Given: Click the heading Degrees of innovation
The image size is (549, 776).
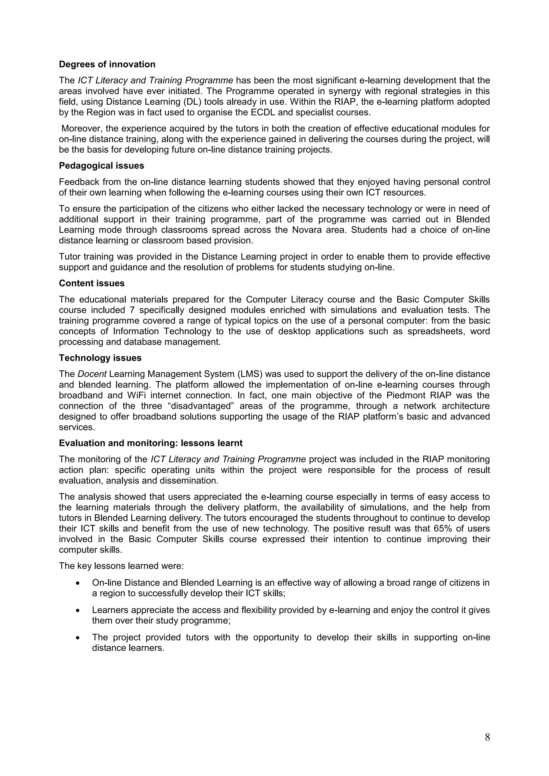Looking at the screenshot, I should pos(107,64).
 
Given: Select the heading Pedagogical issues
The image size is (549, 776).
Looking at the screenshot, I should pos(102,166).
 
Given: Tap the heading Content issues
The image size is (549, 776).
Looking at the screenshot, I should pos(92,283).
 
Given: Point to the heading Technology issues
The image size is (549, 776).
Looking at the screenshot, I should pos(100,358).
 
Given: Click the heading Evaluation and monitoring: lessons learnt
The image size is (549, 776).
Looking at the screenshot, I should pos(151,443).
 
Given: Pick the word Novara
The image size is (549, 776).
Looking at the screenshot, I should pos(366,230).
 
